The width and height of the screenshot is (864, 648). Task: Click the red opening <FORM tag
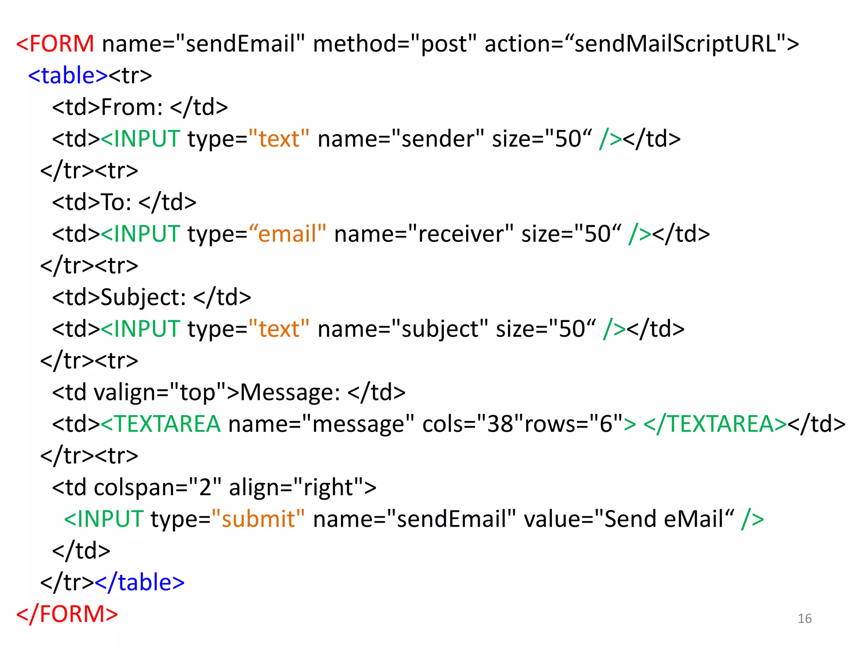point(55,43)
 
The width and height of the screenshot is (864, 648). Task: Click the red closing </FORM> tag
point(67,614)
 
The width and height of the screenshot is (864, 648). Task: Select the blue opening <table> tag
point(68,76)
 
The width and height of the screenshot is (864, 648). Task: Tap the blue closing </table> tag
point(140,582)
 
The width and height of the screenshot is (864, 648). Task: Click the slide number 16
point(805,618)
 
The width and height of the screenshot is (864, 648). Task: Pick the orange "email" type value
point(287,234)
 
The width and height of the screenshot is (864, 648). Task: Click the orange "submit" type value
point(258,519)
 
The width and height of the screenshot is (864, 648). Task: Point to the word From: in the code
point(132,107)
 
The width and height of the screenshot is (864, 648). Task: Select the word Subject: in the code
point(143,297)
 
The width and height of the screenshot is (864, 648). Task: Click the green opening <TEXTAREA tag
point(161,424)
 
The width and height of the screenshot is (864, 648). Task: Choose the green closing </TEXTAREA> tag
point(715,424)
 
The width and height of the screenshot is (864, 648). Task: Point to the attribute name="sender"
point(400,139)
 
